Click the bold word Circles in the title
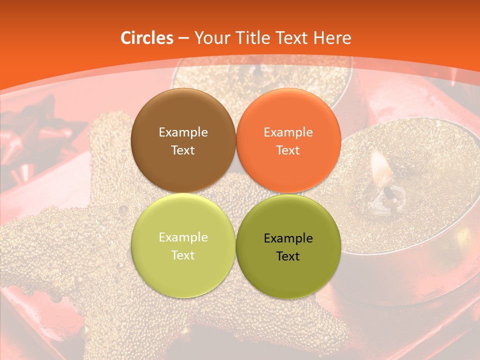[146, 38]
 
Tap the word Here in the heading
[332, 38]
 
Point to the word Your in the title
[210, 38]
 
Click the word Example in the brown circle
[183, 132]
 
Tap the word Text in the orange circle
[288, 150]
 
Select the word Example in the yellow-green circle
[183, 237]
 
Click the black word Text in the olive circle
[288, 256]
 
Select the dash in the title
[183, 38]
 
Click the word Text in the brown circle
[183, 150]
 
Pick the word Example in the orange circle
[288, 132]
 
